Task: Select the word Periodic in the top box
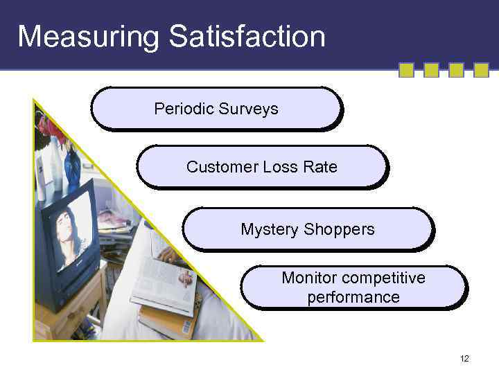(x=184, y=109)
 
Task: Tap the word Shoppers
(x=342, y=229)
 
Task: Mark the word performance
(x=353, y=298)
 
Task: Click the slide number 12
(x=464, y=358)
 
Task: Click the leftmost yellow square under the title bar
(x=407, y=70)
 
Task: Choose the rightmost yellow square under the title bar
(x=481, y=70)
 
